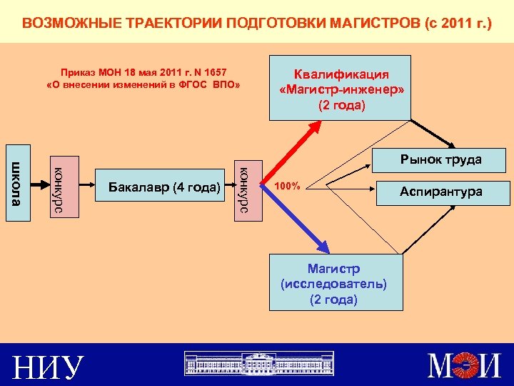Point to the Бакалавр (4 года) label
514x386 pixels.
[x=163, y=188]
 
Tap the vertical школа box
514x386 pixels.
[x=18, y=183]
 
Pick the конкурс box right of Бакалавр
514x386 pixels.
[x=243, y=188]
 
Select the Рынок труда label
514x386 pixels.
[x=440, y=159]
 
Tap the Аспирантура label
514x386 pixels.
[x=440, y=192]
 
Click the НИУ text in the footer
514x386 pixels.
[x=48, y=367]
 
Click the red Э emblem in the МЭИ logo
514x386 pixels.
[x=463, y=366]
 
